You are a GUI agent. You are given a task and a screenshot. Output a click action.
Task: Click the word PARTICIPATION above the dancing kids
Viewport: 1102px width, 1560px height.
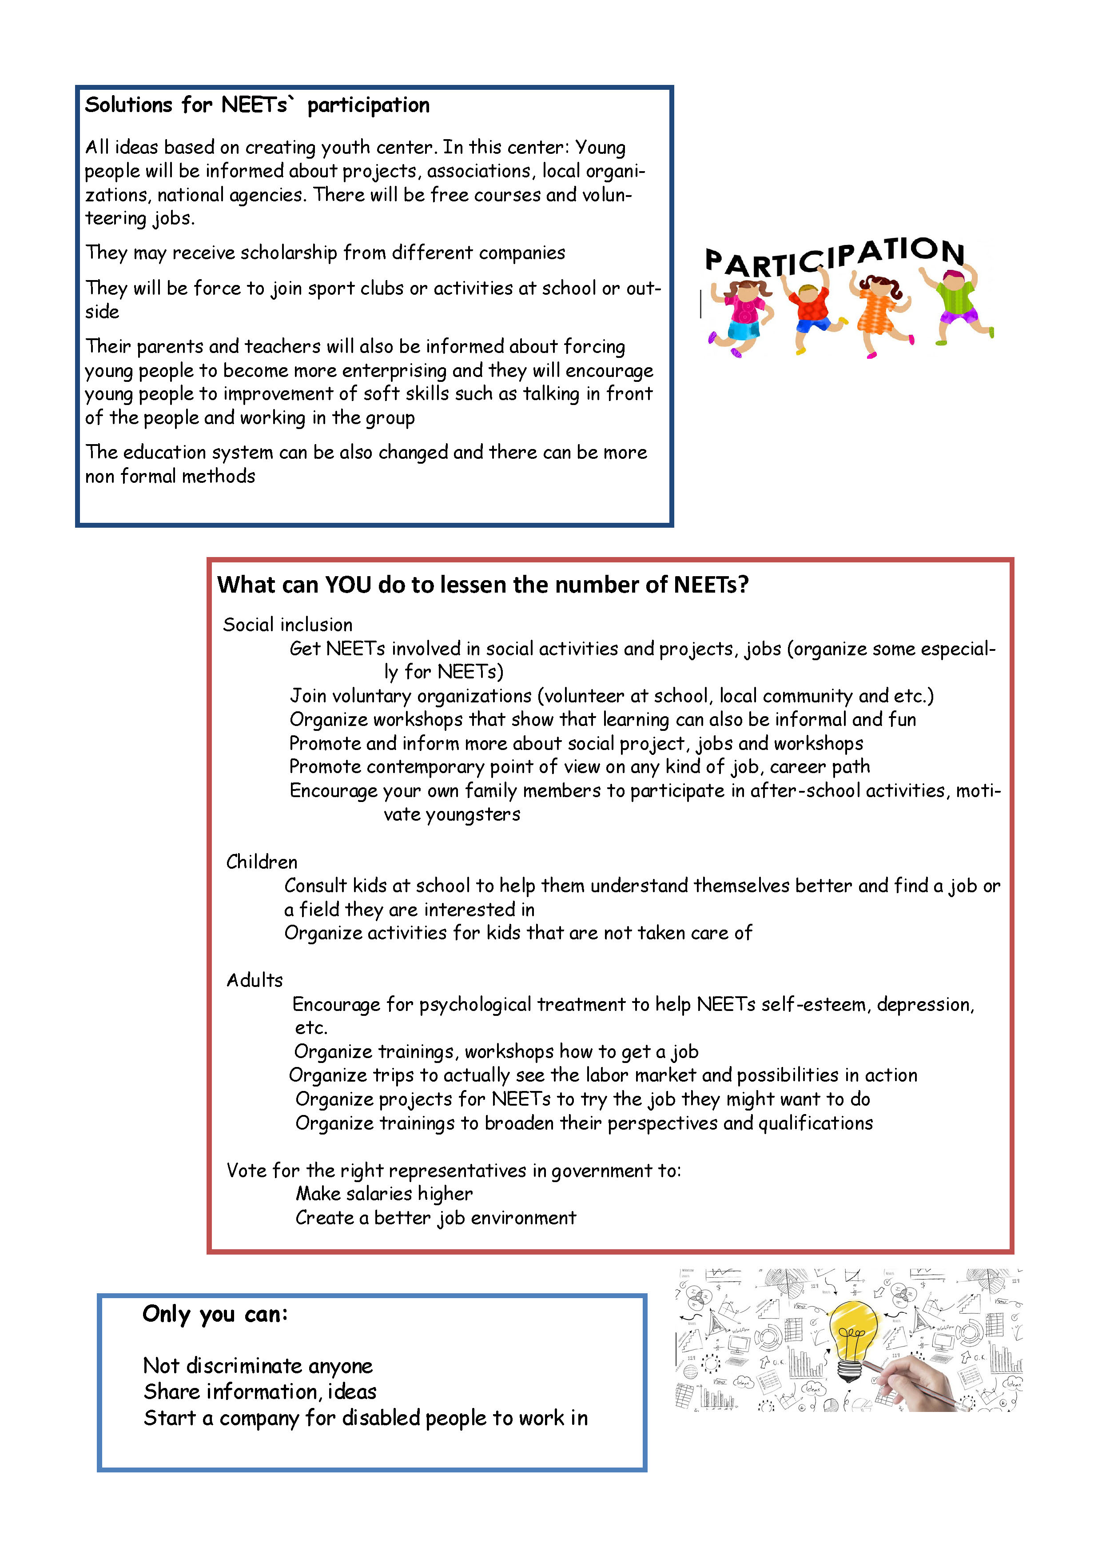835,257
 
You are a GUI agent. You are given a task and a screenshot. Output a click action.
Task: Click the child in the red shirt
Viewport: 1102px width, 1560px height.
812,309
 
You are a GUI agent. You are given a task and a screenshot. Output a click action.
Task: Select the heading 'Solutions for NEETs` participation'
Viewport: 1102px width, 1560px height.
257,105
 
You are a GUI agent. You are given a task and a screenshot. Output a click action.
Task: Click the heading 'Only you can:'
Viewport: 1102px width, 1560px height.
215,1313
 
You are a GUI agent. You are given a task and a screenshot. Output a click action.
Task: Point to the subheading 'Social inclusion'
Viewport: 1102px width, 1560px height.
287,625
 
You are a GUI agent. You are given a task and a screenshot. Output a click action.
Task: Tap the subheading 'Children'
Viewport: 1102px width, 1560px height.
262,862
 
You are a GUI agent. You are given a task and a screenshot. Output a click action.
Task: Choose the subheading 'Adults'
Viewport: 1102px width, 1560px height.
255,980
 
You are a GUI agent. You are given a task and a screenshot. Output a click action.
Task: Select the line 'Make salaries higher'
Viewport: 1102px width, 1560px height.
384,1193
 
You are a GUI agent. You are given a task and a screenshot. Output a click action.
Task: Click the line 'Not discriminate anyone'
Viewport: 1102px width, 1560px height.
258,1365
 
